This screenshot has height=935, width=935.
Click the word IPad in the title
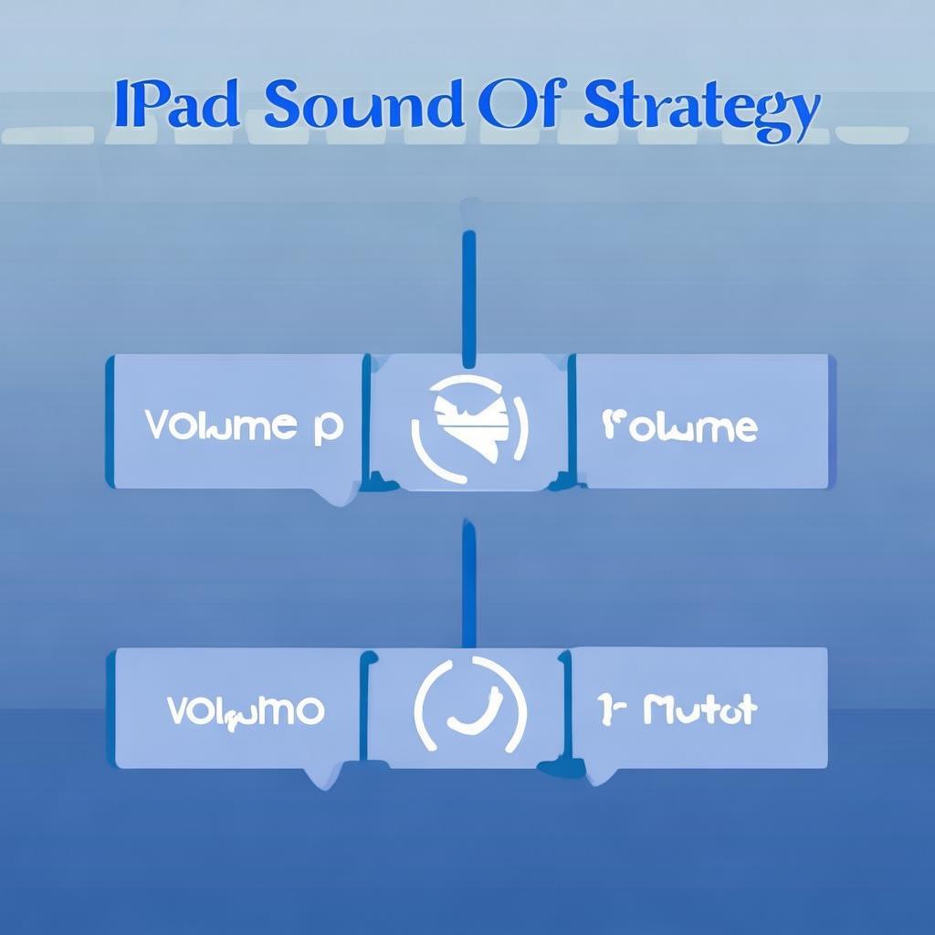tap(176, 106)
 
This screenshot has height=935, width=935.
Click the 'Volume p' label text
tap(244, 425)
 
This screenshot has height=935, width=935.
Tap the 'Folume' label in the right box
tap(679, 425)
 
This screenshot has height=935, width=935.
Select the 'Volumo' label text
tap(245, 709)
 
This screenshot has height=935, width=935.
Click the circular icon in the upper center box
tap(469, 419)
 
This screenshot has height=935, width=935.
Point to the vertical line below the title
tap(468, 292)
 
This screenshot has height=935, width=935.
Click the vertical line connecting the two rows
tap(468, 584)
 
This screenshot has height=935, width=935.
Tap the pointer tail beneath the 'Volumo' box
tap(321, 777)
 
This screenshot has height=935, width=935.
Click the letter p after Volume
tap(328, 429)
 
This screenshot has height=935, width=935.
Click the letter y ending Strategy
tap(800, 114)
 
